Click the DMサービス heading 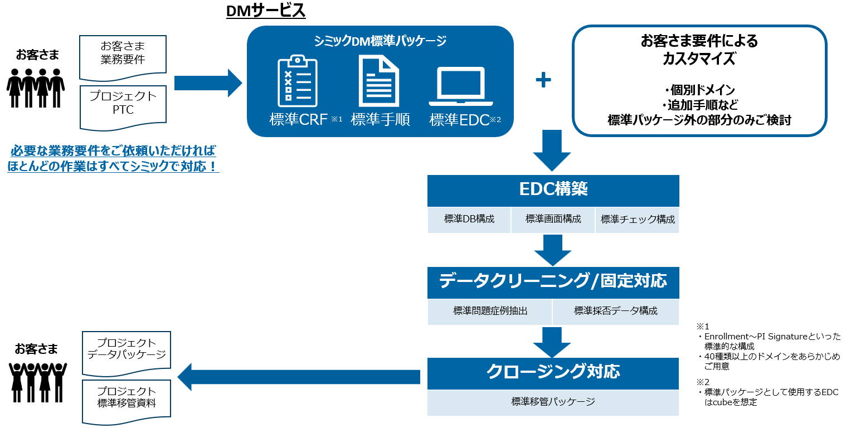[x=266, y=11]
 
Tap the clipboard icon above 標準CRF [x=297, y=81]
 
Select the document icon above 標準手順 [x=379, y=81]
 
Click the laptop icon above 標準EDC [x=461, y=87]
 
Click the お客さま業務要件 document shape [x=123, y=56]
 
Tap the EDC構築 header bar [x=553, y=190]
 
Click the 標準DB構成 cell [x=469, y=220]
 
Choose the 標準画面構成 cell [x=553, y=220]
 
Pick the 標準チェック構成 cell [x=637, y=220]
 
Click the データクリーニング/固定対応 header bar [x=553, y=282]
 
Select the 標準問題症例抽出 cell [x=490, y=312]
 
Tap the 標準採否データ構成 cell [x=615, y=312]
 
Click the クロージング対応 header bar [x=553, y=372]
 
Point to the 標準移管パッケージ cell [x=553, y=402]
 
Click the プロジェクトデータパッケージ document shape [x=127, y=352]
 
